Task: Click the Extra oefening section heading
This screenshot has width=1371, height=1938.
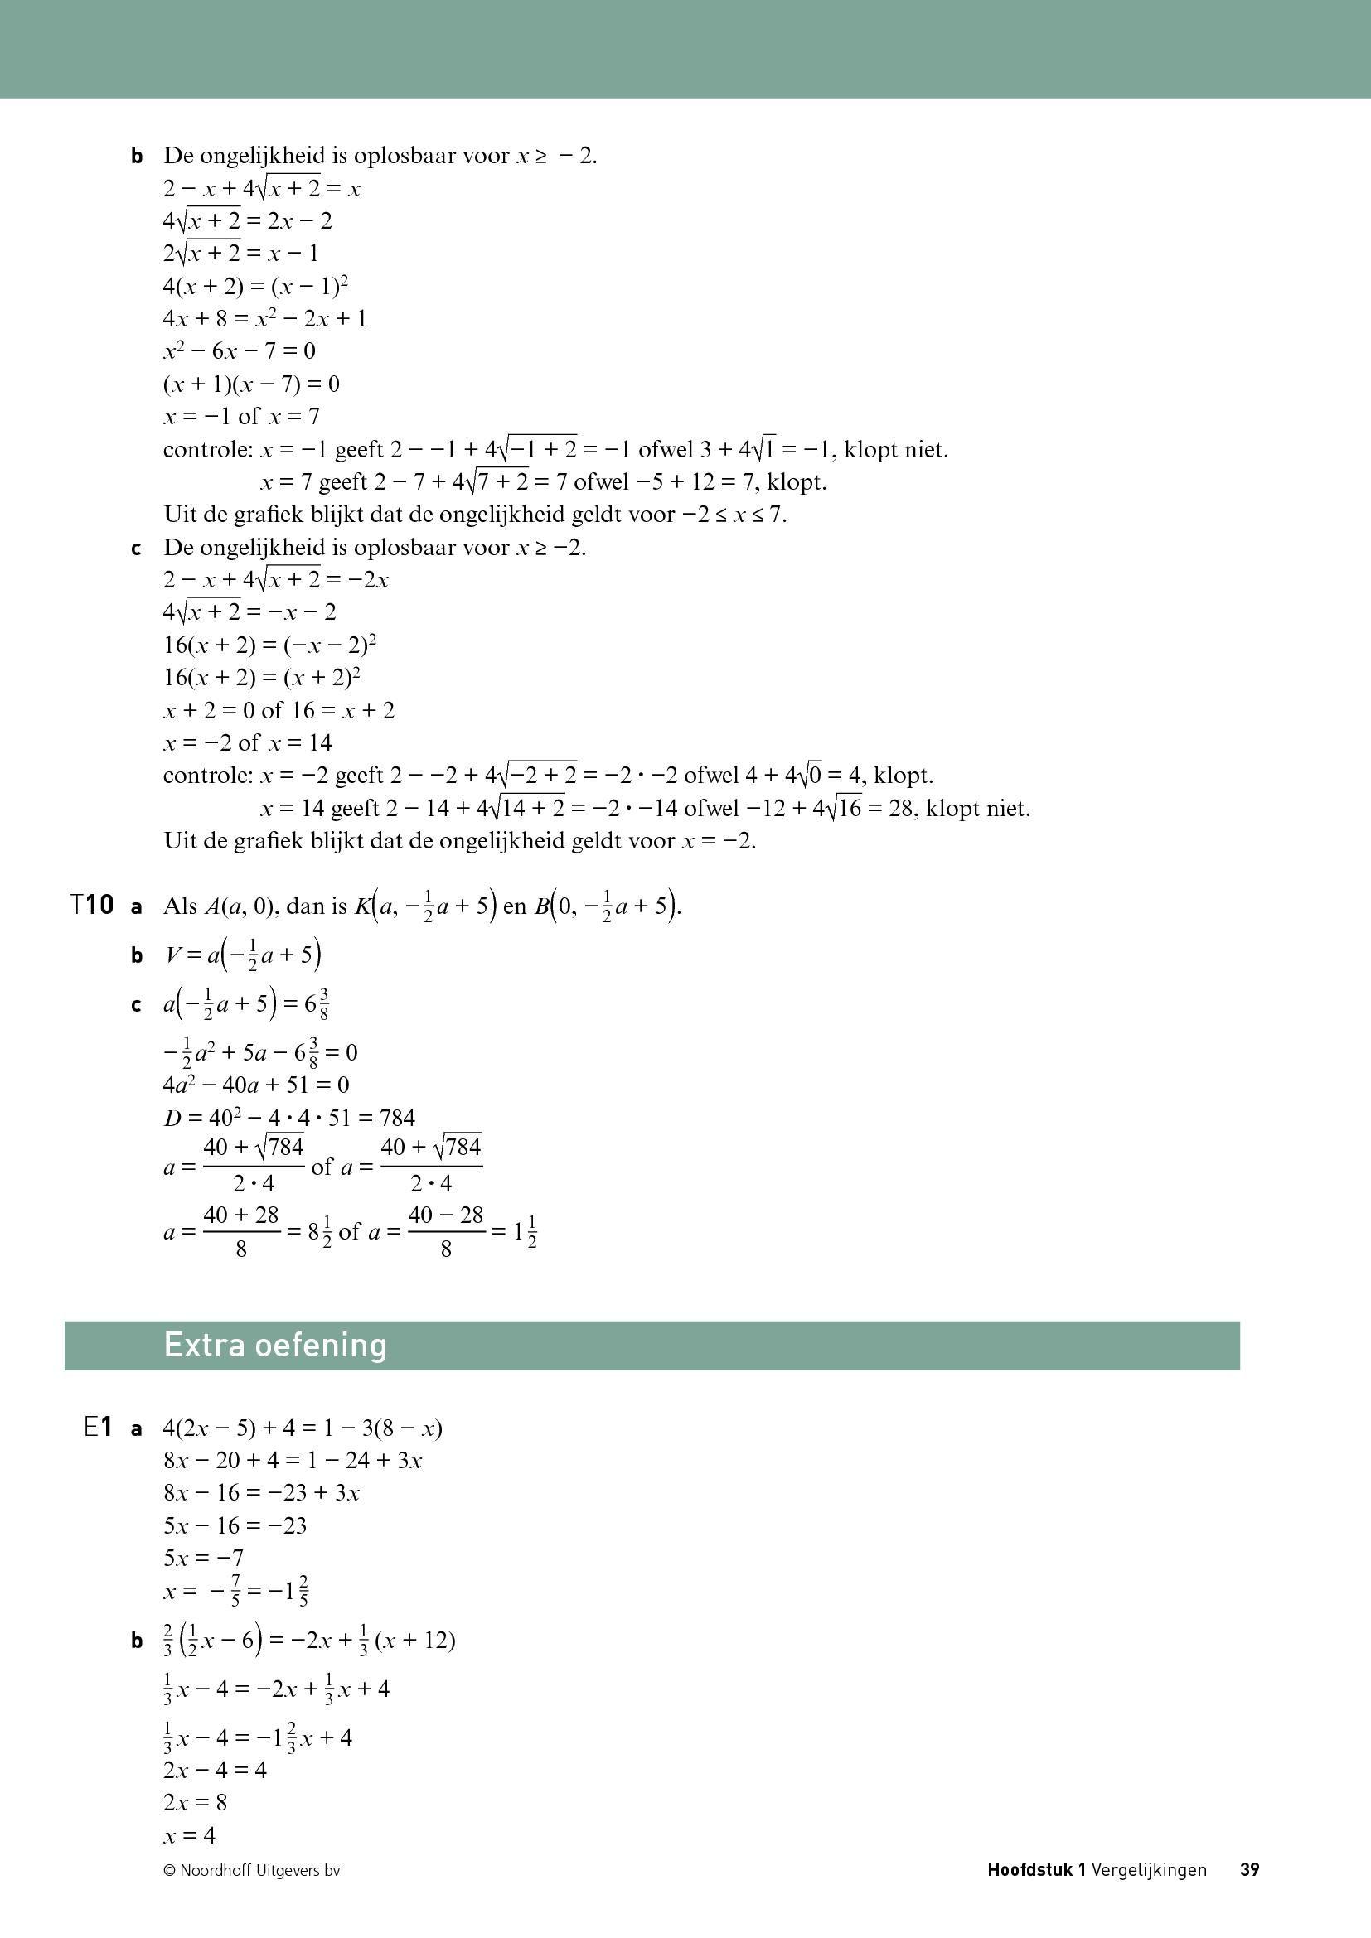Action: coord(275,1345)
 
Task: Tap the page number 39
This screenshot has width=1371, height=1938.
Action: coord(1249,1869)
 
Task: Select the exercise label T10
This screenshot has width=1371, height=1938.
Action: coord(92,906)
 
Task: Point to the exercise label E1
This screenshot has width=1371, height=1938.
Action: coord(98,1428)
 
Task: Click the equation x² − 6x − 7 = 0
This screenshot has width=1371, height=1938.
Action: coord(239,351)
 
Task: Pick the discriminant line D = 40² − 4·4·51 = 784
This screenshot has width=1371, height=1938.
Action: coord(288,1118)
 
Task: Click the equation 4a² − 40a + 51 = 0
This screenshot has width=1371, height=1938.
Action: coord(256,1085)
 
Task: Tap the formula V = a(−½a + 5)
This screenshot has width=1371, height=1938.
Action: coord(243,955)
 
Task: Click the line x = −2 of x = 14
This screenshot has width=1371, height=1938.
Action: coord(247,742)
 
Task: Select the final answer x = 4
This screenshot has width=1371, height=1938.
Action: coord(189,1835)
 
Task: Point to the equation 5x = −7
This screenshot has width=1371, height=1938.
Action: coord(203,1558)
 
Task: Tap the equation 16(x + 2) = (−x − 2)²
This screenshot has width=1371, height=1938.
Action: coord(269,645)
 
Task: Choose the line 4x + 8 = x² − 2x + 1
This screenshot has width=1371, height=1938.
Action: coord(264,319)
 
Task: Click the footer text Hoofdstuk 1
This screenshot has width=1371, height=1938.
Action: coord(1036,1869)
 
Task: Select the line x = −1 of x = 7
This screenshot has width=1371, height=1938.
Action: coord(241,416)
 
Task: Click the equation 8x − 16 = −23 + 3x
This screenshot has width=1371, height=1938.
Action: coord(262,1492)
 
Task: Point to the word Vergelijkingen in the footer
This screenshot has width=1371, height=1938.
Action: coord(1148,1869)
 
